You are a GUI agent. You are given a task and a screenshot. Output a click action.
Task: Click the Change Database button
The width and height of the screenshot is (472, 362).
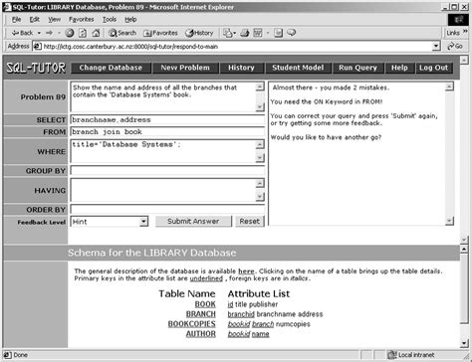coord(110,68)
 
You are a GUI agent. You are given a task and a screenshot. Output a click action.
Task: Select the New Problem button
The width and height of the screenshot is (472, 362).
coord(183,68)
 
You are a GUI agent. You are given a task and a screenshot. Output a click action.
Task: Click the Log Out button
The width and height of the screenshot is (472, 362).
coord(433,68)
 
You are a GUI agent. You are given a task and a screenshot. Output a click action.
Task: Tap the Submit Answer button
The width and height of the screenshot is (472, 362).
coord(193,221)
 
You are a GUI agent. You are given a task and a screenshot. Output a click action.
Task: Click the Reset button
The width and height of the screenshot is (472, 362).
coord(249,221)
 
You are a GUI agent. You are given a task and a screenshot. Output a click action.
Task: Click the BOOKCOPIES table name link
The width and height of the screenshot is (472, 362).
coord(192,323)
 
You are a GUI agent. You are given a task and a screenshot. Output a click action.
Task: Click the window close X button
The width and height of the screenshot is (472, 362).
coord(461,5)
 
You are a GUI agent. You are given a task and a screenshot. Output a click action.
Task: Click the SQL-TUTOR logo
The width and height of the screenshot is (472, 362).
coord(32,69)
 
